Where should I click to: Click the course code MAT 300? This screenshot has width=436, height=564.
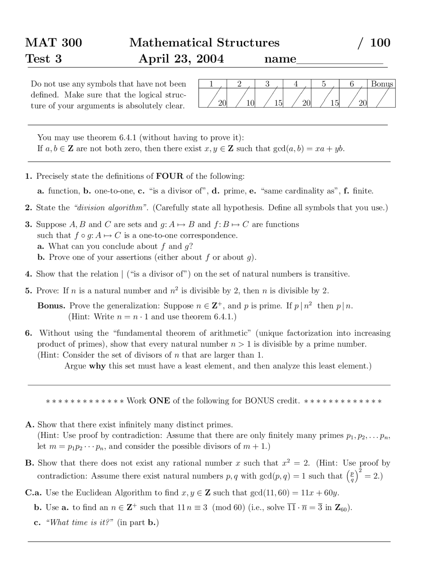53,43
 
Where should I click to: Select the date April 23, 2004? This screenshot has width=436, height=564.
181,59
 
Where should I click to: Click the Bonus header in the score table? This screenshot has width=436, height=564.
381,84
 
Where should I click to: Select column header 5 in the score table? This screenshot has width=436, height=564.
324,84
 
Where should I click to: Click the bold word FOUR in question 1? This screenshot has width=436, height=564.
170,176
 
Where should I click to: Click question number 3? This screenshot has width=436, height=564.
28,224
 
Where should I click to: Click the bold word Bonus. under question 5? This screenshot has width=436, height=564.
51,306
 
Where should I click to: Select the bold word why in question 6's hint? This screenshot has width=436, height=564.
97,366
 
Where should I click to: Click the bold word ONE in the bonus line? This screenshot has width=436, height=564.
159,401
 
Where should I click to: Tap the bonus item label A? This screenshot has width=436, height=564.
30,425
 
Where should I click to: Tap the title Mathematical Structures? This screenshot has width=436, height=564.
204,43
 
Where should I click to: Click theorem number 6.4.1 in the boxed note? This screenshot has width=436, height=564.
128,138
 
